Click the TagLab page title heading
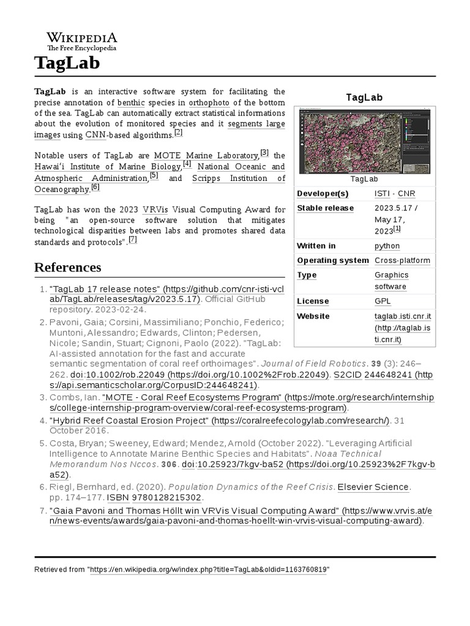(x=67, y=63)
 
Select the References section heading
(x=67, y=267)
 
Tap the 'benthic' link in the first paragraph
(x=131, y=102)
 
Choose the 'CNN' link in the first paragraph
(x=95, y=135)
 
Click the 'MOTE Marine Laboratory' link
(x=206, y=155)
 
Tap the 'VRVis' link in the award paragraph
(x=156, y=208)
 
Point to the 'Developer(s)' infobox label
(x=323, y=194)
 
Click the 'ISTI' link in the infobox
(x=382, y=194)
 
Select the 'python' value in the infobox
(x=387, y=246)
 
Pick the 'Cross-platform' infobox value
(x=402, y=260)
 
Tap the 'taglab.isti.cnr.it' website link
(x=403, y=316)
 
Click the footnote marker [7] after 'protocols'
(x=133, y=240)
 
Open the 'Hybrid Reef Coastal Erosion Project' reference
(x=129, y=421)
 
